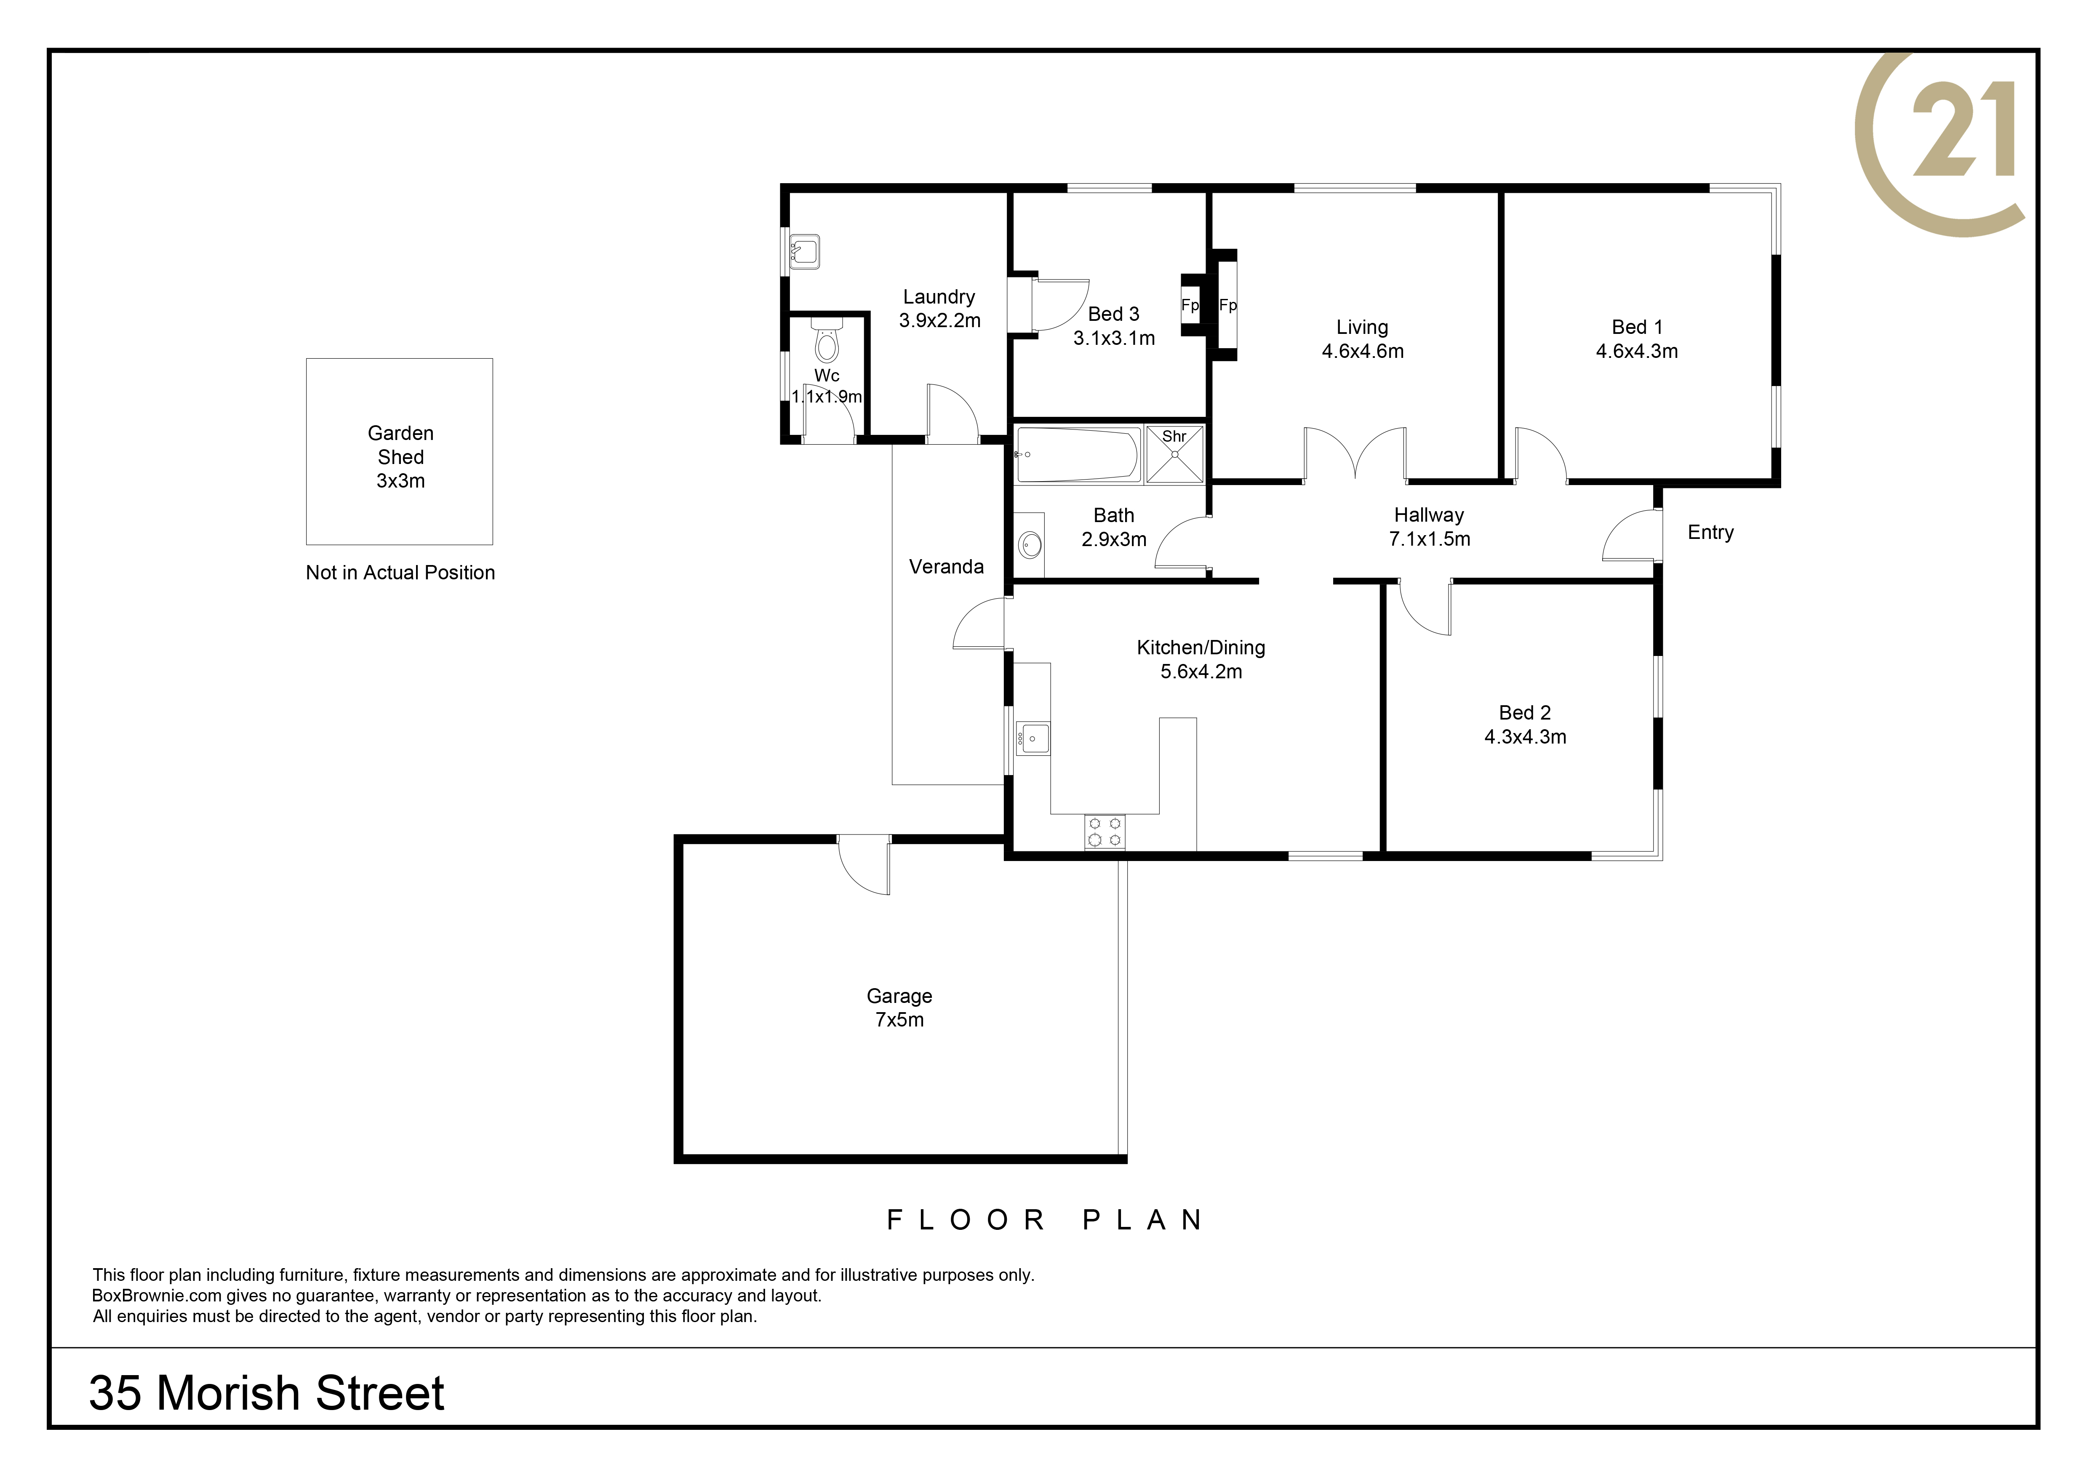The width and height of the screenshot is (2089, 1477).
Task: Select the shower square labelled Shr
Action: (1174, 454)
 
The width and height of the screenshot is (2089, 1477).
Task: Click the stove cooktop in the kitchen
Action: (1105, 831)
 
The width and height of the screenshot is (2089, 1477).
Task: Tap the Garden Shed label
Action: (400, 445)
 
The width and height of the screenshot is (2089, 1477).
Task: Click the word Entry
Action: (1710, 533)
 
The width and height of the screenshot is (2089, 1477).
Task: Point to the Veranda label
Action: (946, 567)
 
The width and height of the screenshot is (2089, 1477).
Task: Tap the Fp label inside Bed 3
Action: (1190, 306)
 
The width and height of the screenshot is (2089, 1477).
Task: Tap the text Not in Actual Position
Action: (400, 573)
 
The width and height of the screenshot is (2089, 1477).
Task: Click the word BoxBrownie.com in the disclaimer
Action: (157, 1296)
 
